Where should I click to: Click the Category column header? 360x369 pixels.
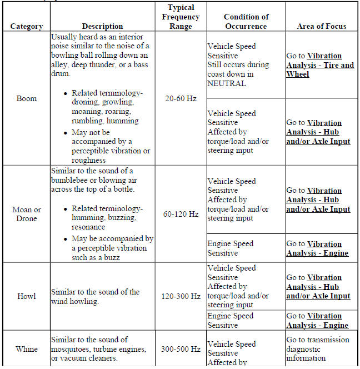tap(26, 26)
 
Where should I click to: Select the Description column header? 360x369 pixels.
tap(102, 26)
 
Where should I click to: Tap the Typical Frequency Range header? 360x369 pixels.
tap(181, 17)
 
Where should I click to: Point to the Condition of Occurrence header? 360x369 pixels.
tap(246, 21)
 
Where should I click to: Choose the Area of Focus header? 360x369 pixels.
tap(322, 26)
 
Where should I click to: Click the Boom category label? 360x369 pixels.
tap(26, 98)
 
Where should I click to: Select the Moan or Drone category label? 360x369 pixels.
tap(26, 214)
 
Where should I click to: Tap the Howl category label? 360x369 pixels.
tap(26, 296)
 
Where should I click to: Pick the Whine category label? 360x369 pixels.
tap(26, 349)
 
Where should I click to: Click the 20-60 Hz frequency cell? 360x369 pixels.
tap(181, 98)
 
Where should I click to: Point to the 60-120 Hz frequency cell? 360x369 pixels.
tap(181, 214)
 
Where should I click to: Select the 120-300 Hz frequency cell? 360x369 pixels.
tap(181, 296)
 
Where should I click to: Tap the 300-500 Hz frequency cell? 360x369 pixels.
tap(181, 349)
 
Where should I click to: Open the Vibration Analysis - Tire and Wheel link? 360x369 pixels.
tap(320, 65)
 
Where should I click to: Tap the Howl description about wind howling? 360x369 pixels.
tap(94, 296)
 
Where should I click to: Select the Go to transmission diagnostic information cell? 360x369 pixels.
tap(318, 349)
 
